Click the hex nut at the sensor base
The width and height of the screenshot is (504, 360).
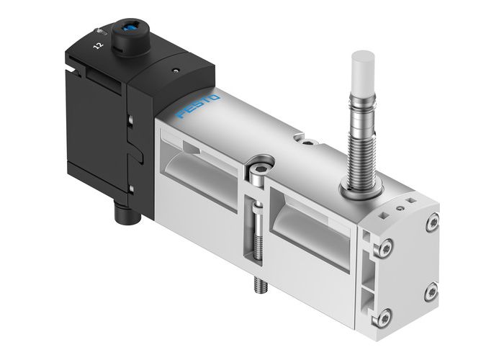point(358,189)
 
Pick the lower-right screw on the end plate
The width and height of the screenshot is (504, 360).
point(431,290)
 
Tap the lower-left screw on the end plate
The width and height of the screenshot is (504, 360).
point(385,315)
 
